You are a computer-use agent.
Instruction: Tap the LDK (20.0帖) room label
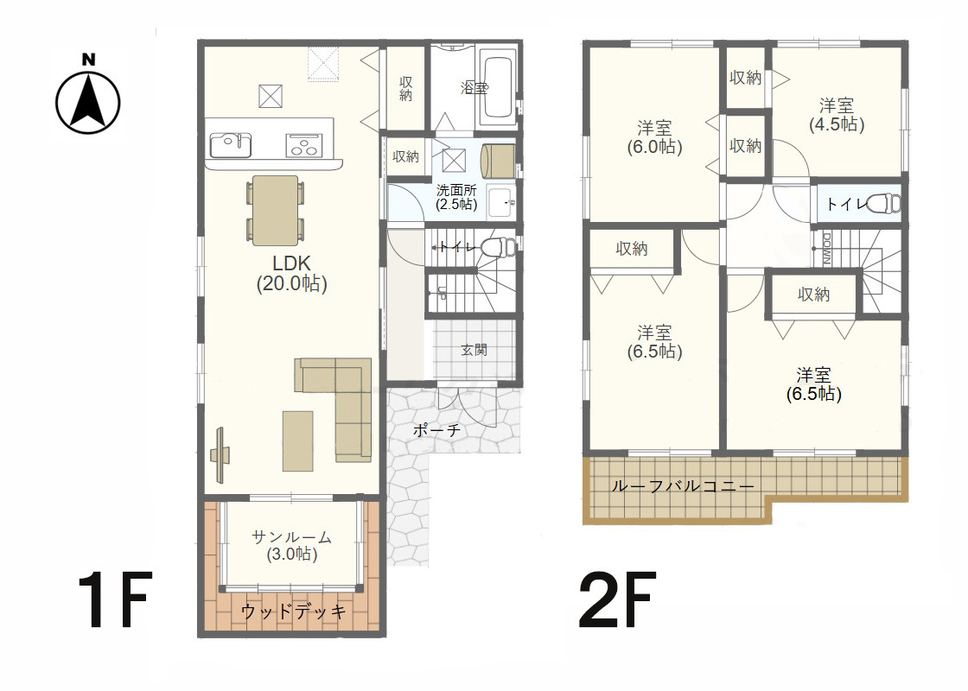click(x=291, y=273)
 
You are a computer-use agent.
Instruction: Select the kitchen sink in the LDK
click(x=230, y=146)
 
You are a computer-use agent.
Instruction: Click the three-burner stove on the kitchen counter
click(x=303, y=146)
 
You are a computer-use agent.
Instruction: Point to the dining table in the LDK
click(x=276, y=211)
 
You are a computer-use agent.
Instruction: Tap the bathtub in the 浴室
click(x=498, y=87)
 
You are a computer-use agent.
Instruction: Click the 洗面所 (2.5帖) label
click(x=456, y=198)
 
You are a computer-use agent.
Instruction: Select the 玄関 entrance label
click(x=474, y=350)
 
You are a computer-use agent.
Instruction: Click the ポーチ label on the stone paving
click(x=436, y=430)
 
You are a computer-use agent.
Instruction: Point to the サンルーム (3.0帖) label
click(x=292, y=545)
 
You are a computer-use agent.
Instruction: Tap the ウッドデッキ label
click(x=293, y=612)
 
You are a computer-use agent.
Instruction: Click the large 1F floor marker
click(x=114, y=599)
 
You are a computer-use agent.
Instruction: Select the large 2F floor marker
click(x=617, y=599)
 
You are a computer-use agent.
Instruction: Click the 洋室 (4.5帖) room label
click(x=837, y=115)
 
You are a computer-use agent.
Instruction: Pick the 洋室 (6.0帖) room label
click(x=654, y=137)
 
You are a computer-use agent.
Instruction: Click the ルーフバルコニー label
click(x=682, y=486)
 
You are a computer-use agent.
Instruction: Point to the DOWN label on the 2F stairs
click(x=826, y=249)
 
